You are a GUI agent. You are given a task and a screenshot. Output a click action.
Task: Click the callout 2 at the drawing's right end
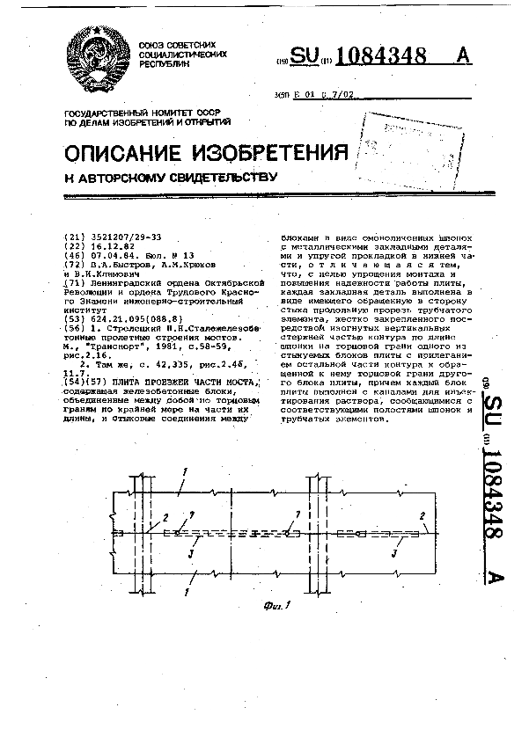[423, 515]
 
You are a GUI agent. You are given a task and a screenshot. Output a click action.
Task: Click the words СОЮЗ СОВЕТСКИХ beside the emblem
[176, 45]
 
